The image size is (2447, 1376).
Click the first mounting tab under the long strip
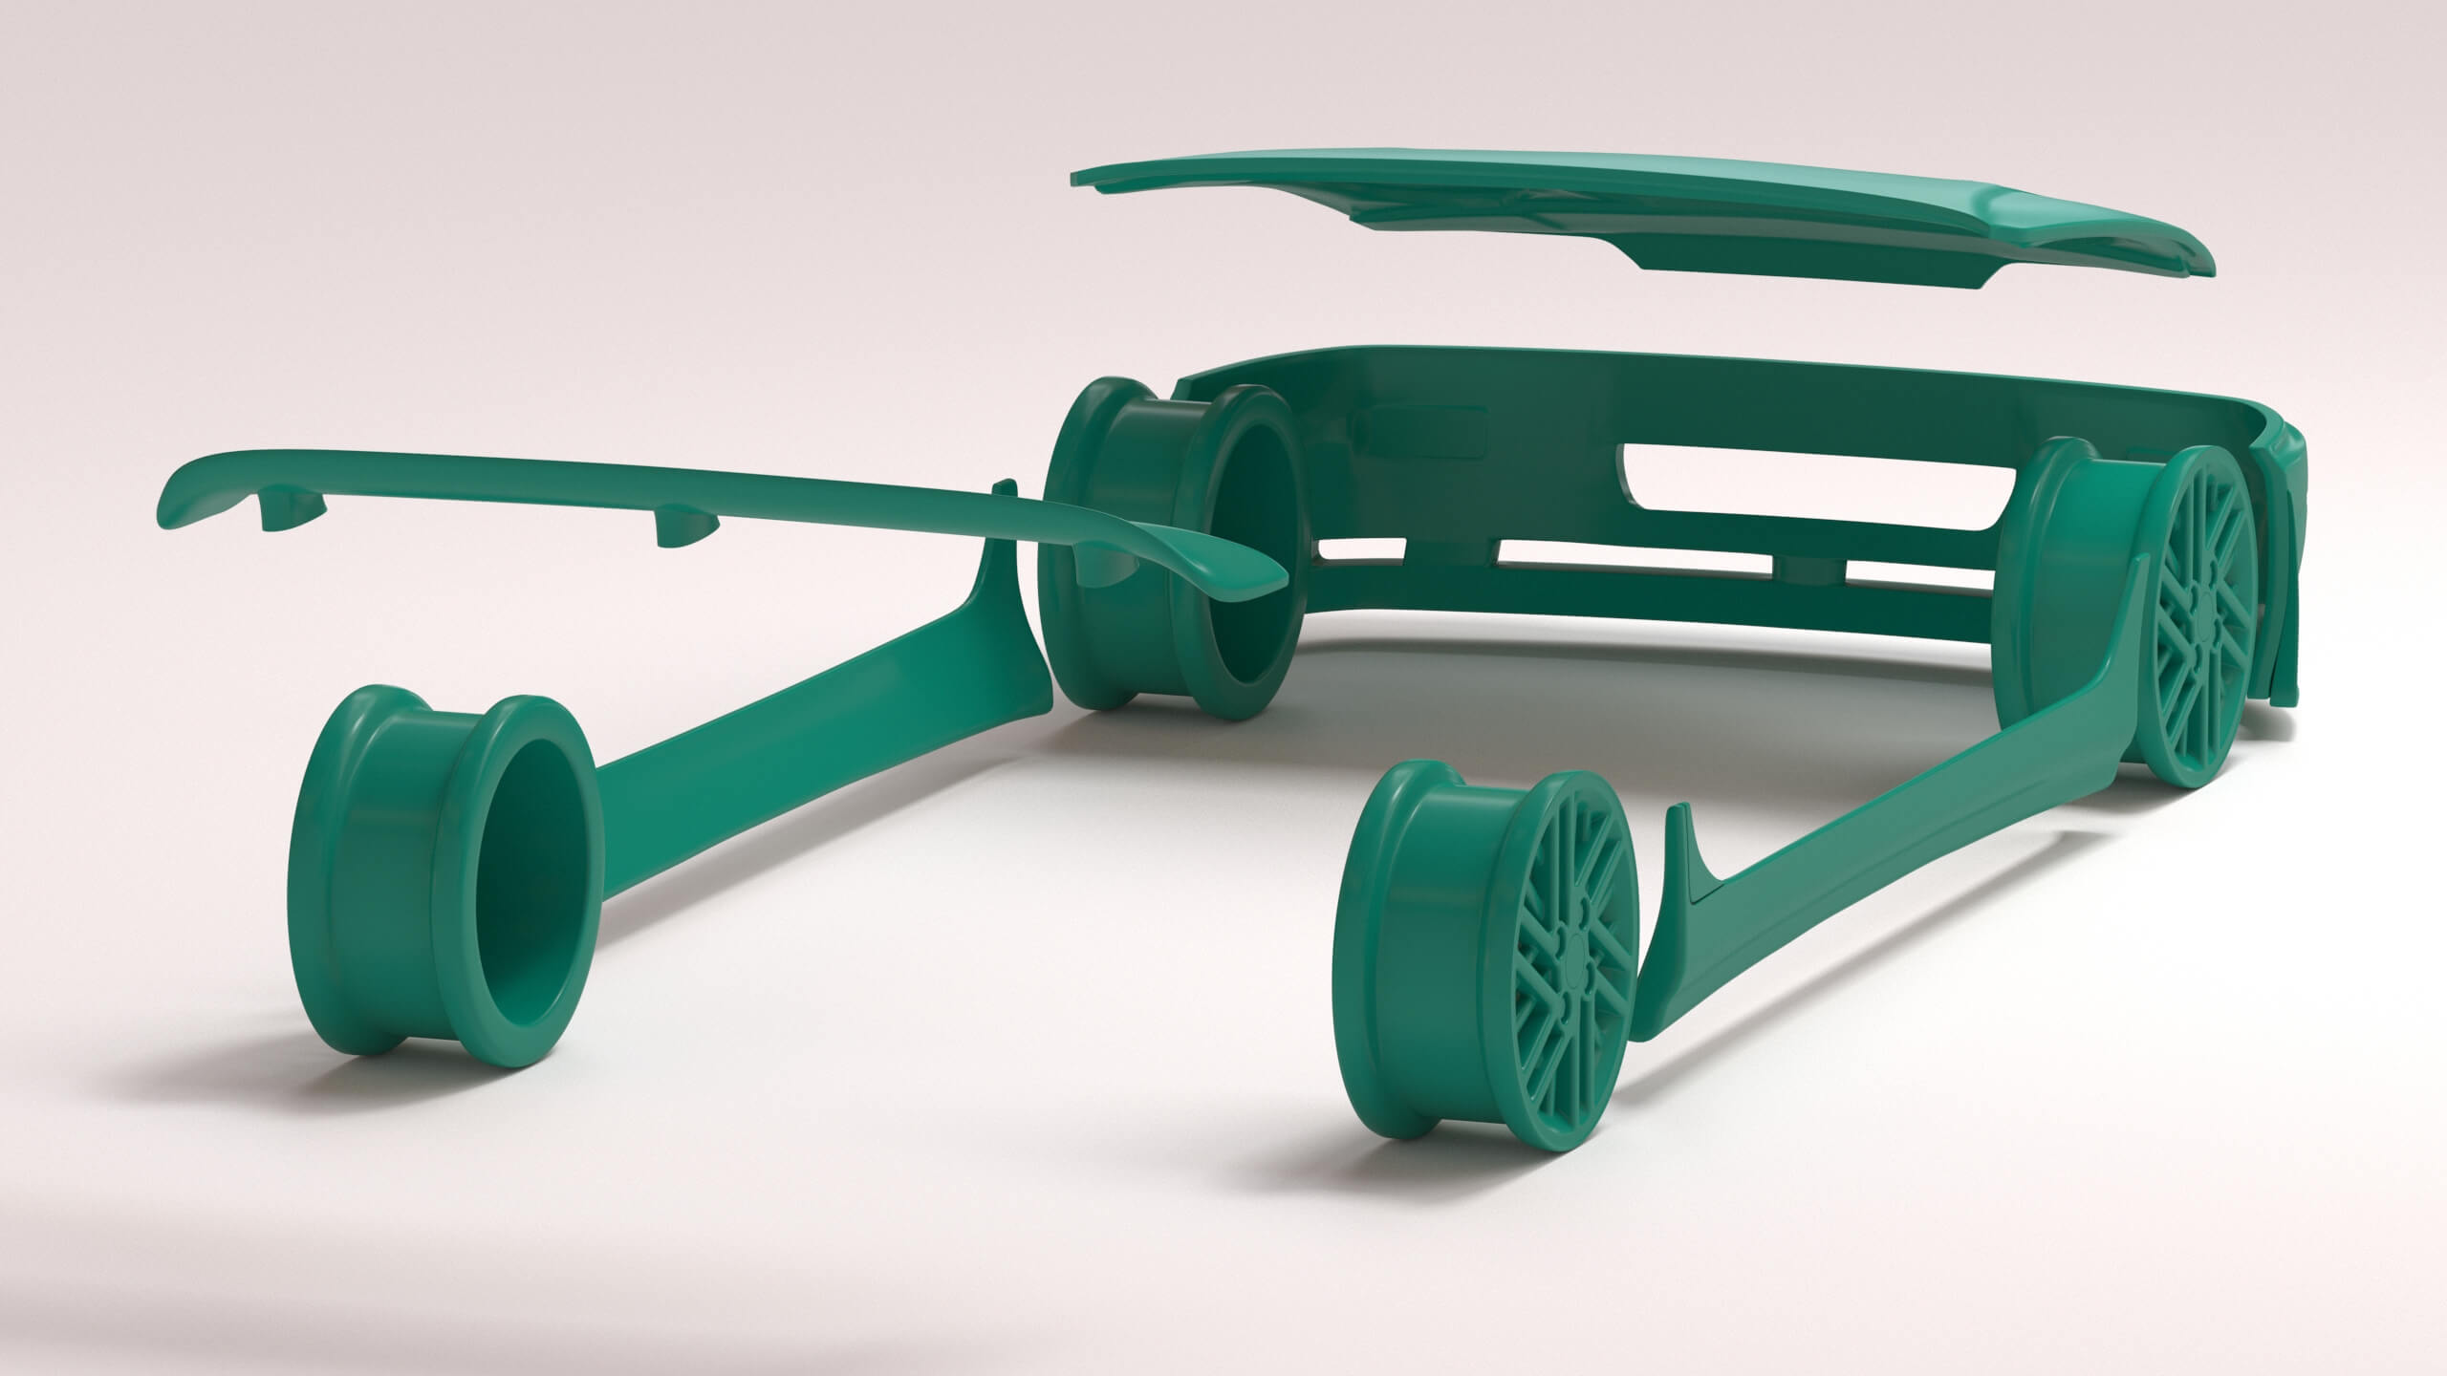287,512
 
